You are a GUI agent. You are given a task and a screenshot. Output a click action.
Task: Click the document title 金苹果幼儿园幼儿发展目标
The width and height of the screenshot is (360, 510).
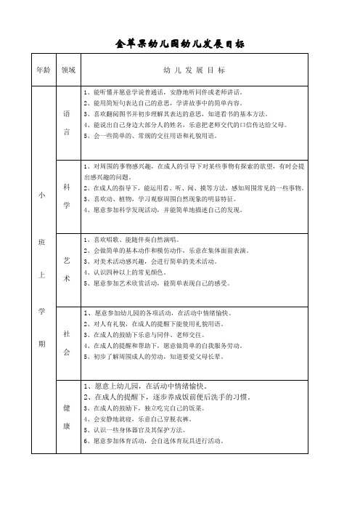(179, 44)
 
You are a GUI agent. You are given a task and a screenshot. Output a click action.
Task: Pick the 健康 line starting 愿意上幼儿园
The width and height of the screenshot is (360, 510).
(152, 386)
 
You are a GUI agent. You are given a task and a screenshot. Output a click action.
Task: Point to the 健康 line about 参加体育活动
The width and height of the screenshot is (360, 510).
(159, 441)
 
